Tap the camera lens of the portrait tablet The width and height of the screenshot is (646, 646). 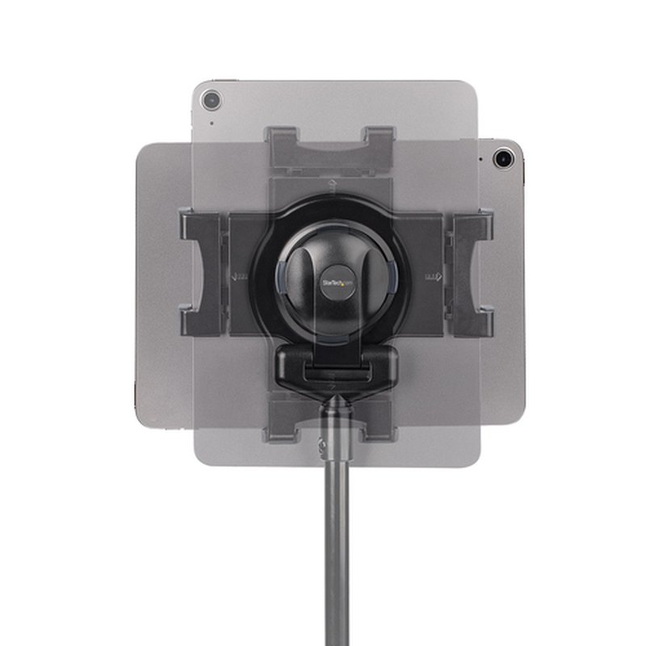click(212, 100)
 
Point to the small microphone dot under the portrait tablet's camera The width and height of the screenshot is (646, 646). click(212, 123)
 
